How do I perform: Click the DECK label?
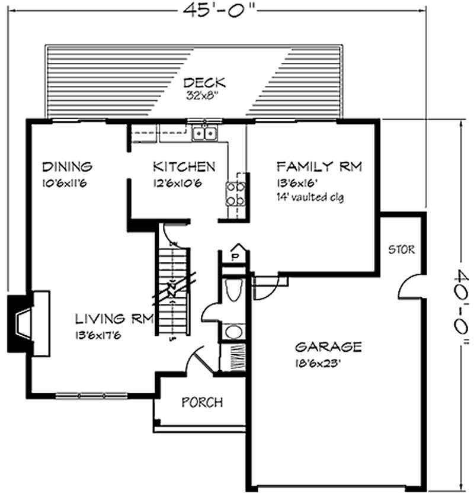(x=204, y=83)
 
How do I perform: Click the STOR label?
(x=401, y=249)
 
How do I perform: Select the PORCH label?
(x=202, y=403)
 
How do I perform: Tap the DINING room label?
(x=67, y=166)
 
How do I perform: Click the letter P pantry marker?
(x=235, y=256)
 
